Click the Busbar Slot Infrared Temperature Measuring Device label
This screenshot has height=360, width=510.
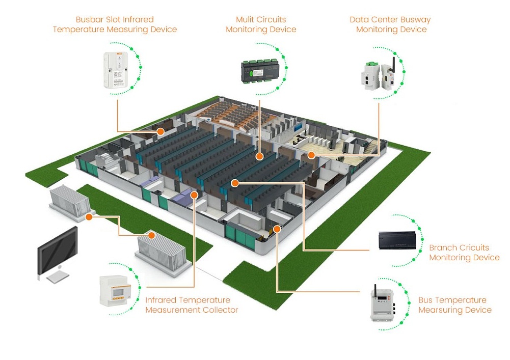[x=115, y=24]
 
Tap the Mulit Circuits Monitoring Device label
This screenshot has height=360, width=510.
[x=261, y=24]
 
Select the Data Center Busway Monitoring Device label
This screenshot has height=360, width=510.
[x=390, y=24]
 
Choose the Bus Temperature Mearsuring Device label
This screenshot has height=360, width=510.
[x=454, y=305]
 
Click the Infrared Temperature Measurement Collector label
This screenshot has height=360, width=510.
[x=192, y=305]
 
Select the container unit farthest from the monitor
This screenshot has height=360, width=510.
[x=70, y=200]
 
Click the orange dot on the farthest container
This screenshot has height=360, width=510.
[x=89, y=217]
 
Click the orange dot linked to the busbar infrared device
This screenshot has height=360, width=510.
[x=160, y=131]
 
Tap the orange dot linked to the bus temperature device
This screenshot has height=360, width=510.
[x=277, y=229]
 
